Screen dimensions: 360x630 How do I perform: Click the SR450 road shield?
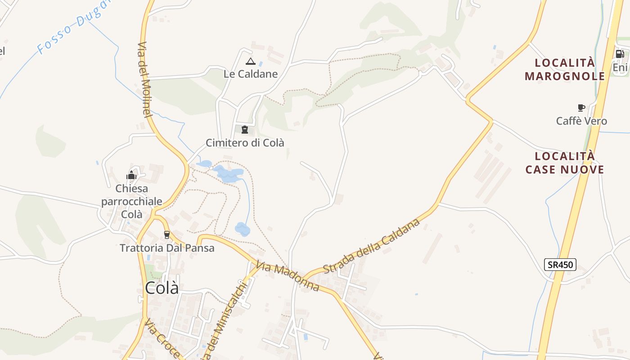(560, 265)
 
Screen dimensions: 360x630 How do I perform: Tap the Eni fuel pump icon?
(620, 54)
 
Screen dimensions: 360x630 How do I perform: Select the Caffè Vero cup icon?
(581, 108)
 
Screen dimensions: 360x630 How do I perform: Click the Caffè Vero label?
(581, 121)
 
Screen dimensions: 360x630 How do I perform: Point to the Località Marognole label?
(565, 69)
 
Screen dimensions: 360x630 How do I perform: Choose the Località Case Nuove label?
(565, 163)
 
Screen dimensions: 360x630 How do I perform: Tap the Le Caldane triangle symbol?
(251, 61)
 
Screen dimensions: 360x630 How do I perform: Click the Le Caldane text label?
(251, 74)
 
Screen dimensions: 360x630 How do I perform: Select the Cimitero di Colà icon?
(245, 130)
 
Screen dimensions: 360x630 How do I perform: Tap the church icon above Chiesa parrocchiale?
(131, 175)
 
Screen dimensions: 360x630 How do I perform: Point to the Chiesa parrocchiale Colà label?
(131, 201)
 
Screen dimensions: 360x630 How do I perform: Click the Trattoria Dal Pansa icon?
(167, 234)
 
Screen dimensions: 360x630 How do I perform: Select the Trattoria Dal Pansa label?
(167, 248)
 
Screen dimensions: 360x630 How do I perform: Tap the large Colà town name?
(162, 288)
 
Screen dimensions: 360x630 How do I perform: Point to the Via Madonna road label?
(288, 277)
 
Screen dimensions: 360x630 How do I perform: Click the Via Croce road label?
(162, 338)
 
